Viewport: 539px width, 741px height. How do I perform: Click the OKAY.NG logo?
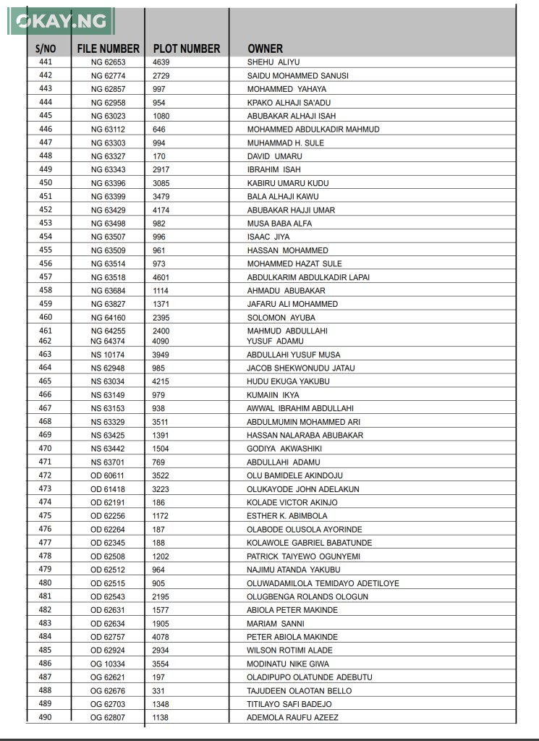pos(61,21)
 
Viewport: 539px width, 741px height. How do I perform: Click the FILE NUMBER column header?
pos(109,48)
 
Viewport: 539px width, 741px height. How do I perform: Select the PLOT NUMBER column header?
pos(187,48)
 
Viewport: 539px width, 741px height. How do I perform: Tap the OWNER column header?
pos(265,48)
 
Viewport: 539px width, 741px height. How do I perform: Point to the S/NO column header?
pos(46,48)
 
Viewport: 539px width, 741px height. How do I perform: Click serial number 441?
pos(46,62)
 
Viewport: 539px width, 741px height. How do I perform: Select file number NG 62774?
pos(108,76)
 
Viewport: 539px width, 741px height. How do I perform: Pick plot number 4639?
pos(161,62)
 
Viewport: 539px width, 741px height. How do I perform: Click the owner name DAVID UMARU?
pos(275,156)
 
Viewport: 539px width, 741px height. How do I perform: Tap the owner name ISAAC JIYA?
pos(268,237)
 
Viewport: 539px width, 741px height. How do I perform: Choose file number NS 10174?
pos(108,355)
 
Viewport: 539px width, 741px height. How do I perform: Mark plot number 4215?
pos(161,381)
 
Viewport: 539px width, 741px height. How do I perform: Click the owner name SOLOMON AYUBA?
pos(281,318)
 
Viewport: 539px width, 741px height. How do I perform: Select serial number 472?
pos(46,475)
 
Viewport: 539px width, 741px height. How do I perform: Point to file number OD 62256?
pos(108,516)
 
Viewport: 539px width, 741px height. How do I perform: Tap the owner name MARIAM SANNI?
pos(276,623)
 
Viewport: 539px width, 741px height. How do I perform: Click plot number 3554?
pos(161,664)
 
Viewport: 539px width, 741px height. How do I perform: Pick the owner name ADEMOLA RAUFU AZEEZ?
pos(293,717)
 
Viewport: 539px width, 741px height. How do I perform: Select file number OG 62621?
pos(108,677)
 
